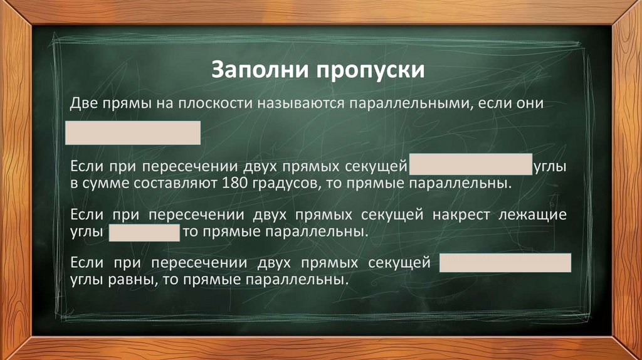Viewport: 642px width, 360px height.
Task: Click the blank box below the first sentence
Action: click(x=134, y=133)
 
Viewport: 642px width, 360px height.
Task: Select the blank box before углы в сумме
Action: click(x=470, y=165)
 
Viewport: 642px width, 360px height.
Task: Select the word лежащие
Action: click(x=533, y=215)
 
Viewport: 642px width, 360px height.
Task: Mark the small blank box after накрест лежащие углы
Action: click(x=145, y=233)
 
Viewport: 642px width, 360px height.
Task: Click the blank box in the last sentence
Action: click(x=505, y=263)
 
